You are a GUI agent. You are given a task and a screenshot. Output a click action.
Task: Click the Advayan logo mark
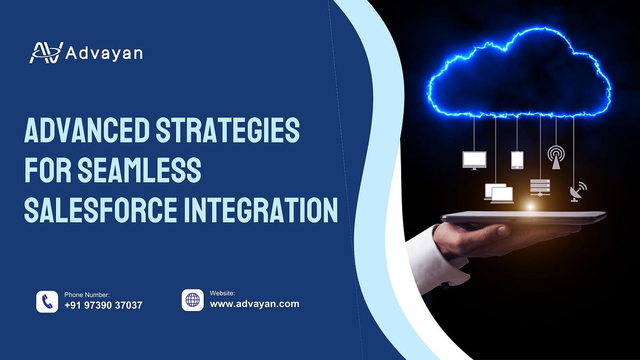point(46,52)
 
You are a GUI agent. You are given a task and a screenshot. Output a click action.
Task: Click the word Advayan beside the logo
point(104,53)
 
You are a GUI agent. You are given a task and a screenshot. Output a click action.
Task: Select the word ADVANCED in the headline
point(85,131)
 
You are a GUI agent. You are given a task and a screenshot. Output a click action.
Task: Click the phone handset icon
point(47,301)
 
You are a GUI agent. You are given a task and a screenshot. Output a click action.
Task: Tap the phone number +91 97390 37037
point(103,306)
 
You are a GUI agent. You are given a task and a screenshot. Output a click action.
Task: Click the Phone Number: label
point(87,294)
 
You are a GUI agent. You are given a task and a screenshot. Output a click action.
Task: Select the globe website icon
point(193,300)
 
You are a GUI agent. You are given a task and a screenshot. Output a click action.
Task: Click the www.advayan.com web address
point(254,304)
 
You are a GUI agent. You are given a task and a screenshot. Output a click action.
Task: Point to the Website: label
point(222,293)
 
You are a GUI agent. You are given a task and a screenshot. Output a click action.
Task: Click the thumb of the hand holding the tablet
point(496,230)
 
